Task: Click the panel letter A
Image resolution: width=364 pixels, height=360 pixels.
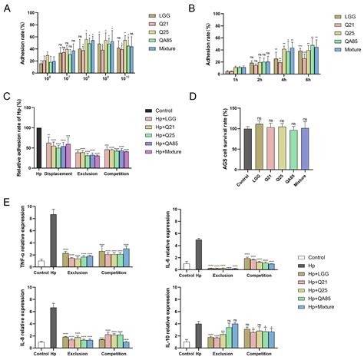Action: pos(7,8)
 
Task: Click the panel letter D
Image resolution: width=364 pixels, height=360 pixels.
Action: pos(190,97)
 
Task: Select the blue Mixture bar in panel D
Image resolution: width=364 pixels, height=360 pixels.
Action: pos(305,147)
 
